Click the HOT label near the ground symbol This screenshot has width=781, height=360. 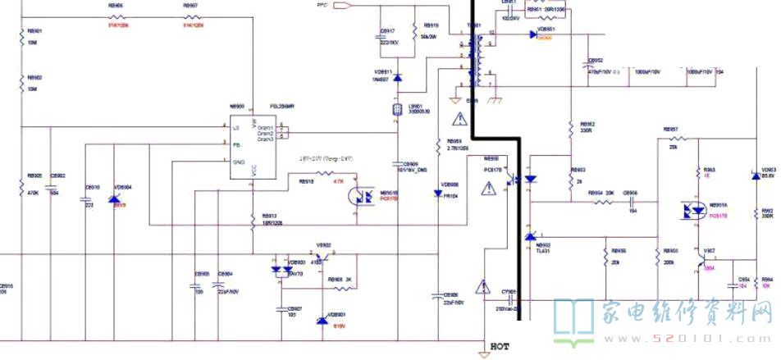(x=500, y=347)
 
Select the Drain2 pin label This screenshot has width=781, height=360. (x=265, y=134)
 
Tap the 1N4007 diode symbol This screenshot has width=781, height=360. (x=398, y=78)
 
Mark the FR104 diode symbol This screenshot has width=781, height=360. (x=437, y=194)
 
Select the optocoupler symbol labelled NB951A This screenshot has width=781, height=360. (x=692, y=211)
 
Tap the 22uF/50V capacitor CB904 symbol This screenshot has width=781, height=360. (x=218, y=287)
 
